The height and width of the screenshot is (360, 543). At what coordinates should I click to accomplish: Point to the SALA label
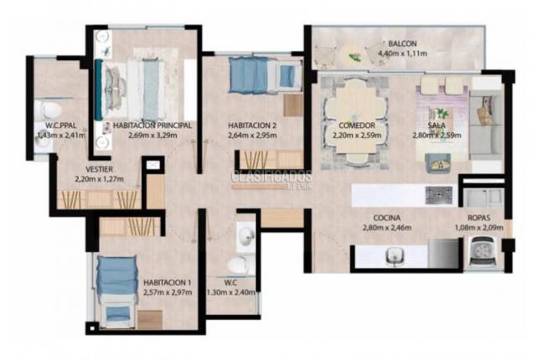pyautogui.click(x=435, y=125)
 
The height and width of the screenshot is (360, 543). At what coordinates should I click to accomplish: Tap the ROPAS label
pyautogui.click(x=478, y=216)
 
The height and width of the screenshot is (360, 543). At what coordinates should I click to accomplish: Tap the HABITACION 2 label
pyautogui.click(x=251, y=126)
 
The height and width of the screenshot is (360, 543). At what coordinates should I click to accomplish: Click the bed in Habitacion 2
pyautogui.click(x=264, y=77)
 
